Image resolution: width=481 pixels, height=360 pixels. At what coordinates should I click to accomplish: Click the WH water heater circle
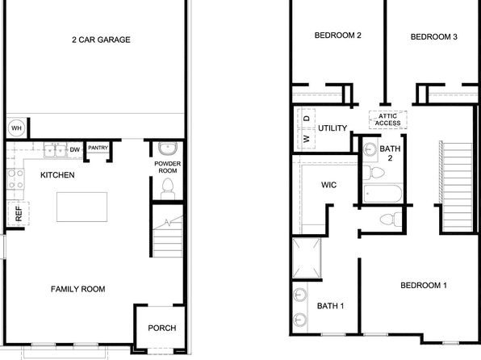16,128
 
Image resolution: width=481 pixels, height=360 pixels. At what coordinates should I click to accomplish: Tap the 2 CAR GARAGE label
101,40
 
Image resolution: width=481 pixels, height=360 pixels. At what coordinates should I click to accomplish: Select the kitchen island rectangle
82,207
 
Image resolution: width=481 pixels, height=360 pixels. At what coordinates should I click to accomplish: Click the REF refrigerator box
19,214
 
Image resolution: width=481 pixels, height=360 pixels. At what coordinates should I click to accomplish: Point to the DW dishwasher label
75,150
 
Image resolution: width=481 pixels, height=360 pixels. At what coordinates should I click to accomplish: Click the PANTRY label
98,148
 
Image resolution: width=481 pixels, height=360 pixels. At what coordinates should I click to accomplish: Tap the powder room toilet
168,189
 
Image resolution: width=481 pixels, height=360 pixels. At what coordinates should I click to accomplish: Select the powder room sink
168,149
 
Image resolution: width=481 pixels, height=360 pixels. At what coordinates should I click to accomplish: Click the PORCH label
162,328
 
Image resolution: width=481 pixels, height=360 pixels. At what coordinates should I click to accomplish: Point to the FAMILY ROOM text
78,289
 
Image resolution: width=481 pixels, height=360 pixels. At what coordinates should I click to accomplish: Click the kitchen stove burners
15,179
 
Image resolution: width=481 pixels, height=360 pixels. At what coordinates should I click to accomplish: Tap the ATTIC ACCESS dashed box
388,119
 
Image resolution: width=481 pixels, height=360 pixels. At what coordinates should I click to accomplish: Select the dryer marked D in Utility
307,119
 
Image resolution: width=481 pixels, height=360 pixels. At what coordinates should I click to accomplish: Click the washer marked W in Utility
307,140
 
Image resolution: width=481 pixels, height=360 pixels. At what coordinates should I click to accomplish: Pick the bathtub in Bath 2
383,194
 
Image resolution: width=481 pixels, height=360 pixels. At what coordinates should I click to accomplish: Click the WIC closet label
328,185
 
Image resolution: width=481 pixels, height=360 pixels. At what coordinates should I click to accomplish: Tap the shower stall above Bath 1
307,258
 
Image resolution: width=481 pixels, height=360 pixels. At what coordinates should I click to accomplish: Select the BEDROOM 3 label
433,37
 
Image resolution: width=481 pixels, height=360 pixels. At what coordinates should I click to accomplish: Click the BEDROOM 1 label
424,286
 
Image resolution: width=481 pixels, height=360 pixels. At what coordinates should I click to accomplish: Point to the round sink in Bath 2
370,150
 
